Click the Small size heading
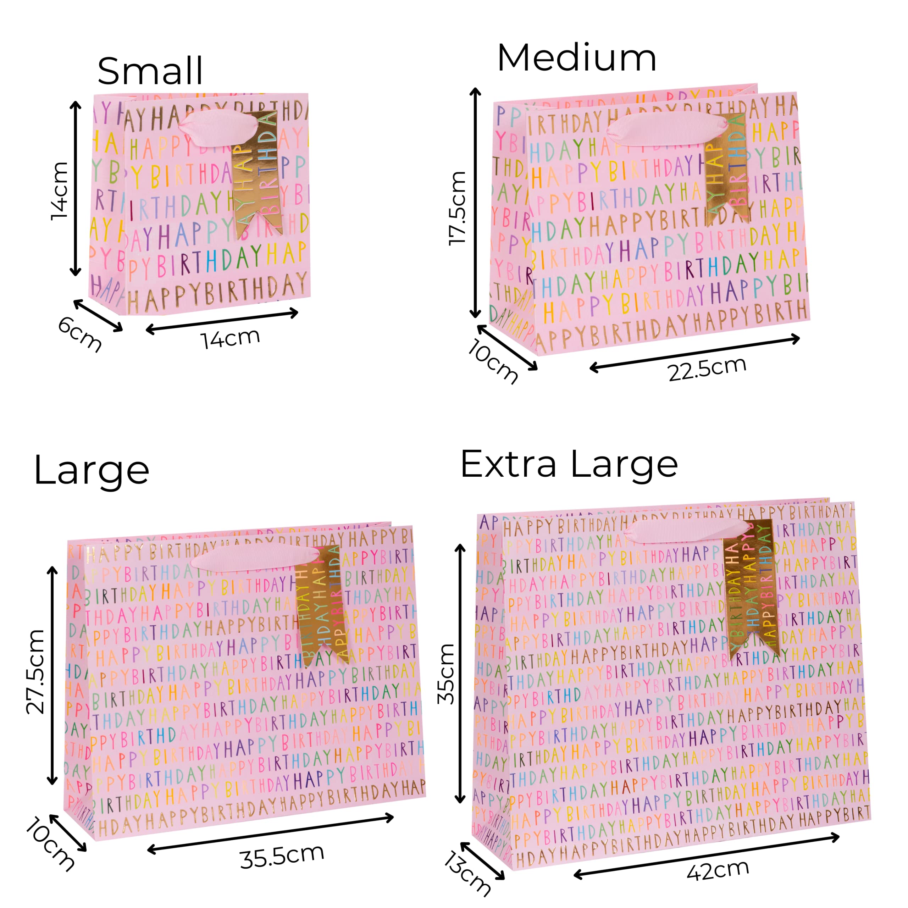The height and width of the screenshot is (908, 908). coord(150,71)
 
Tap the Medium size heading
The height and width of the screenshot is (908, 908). coord(576,58)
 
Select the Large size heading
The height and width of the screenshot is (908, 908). coord(92,470)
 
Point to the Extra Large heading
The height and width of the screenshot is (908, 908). coord(569,465)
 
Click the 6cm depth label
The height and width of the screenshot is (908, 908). coord(79,334)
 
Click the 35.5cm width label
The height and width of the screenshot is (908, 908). coord(282,856)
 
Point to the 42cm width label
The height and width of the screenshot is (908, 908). coord(718,870)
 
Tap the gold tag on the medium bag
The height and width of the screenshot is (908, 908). coord(726,167)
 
